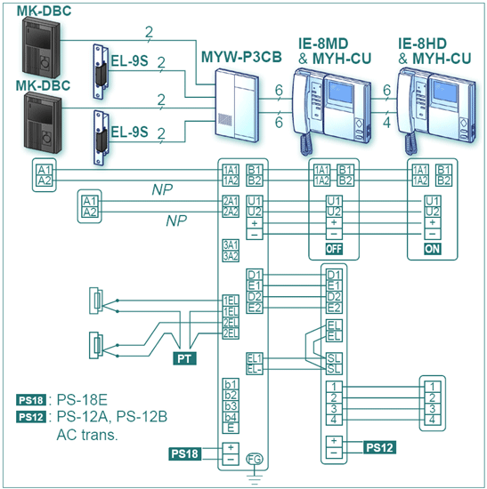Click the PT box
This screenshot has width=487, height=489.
184,358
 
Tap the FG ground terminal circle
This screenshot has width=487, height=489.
255,459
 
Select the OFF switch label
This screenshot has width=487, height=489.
334,249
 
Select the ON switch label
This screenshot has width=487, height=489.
433,249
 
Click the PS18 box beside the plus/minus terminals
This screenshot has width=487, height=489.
184,453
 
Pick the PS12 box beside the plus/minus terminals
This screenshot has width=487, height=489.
379,447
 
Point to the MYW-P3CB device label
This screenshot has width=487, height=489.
241,57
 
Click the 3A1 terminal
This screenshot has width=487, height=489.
231,244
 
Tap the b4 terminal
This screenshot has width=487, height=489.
231,417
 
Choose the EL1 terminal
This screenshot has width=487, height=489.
255,358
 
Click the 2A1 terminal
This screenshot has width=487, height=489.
231,201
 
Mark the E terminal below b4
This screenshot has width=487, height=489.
231,428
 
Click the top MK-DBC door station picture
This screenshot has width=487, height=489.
42,47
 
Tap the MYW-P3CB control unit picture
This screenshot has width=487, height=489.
237,105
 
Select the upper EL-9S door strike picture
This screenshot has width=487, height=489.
101,72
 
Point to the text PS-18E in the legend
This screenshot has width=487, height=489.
82,400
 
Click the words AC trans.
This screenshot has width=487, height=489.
87,435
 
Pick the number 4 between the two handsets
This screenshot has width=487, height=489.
386,123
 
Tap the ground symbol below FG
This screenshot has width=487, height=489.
255,479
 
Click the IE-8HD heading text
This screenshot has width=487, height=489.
422,44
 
